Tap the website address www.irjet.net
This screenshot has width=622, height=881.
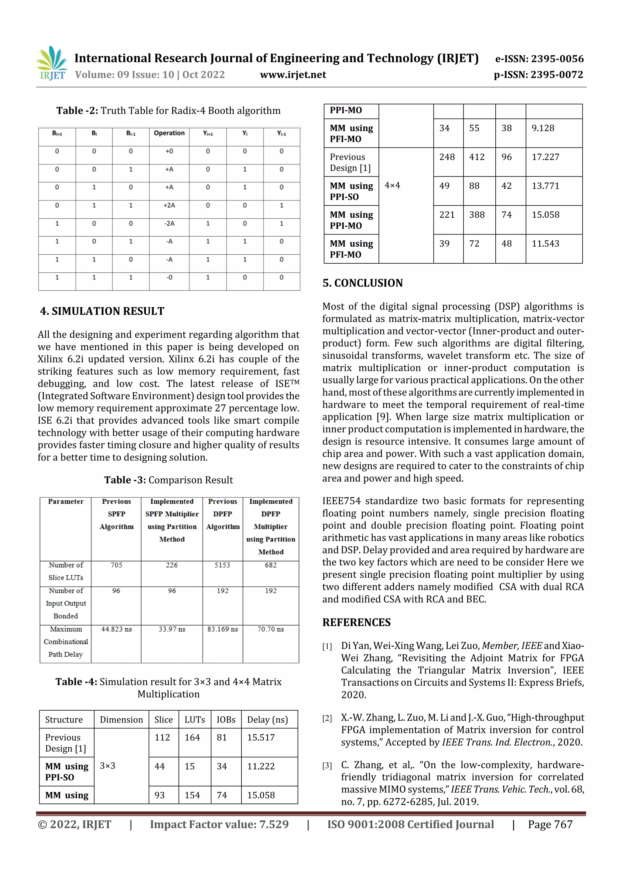click(293, 75)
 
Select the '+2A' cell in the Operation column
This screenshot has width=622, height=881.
click(169, 205)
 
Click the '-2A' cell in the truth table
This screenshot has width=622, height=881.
click(169, 223)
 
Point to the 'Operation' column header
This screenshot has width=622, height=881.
click(169, 133)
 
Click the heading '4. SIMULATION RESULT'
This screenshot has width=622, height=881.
click(102, 311)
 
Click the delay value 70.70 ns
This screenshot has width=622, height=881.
click(271, 629)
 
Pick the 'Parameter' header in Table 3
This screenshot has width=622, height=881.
click(66, 501)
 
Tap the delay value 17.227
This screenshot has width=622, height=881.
click(545, 157)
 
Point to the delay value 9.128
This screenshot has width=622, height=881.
click(543, 128)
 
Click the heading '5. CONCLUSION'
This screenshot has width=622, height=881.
click(363, 283)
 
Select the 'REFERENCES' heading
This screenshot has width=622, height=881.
click(357, 623)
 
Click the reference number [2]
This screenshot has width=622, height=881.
click(327, 718)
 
